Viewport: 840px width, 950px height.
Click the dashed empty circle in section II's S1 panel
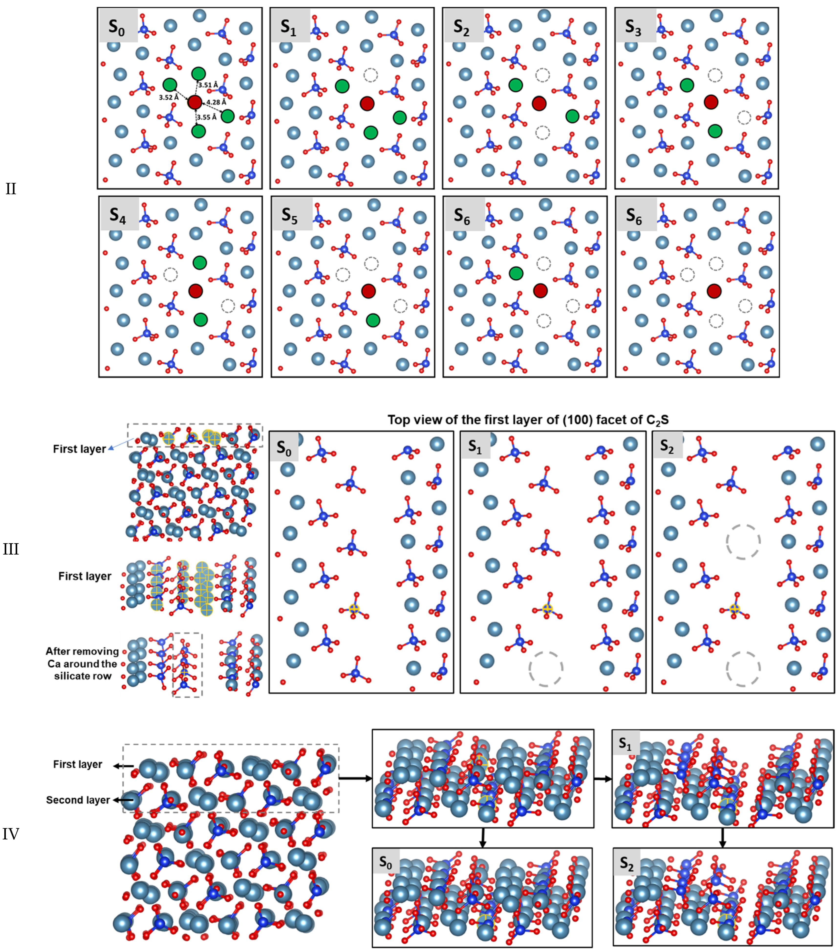[371, 74]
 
